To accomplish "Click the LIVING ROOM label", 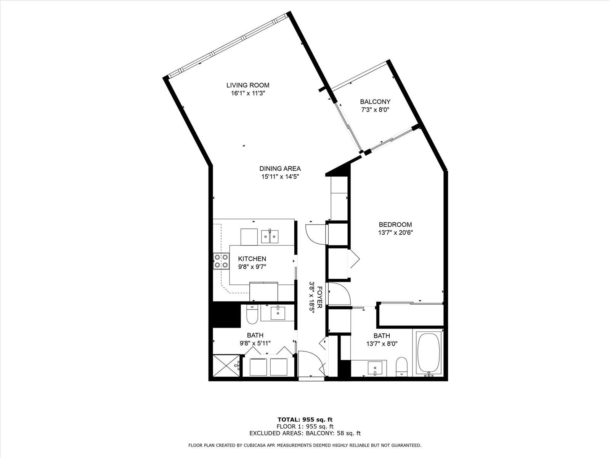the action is pos(247,85).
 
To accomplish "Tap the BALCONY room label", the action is pos(375,102).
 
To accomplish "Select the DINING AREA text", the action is pos(280,169).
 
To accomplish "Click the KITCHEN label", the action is pos(252,259).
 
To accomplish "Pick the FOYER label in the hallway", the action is pos(319,297).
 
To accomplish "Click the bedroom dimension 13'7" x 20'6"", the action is pos(395,232).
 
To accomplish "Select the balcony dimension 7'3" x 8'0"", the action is pos(375,110).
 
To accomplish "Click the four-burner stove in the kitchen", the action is pos(221,261).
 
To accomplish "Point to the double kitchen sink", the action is pos(270,237).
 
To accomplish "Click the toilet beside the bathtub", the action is pos(401,367).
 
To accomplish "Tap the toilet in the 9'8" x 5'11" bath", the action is pos(252,314).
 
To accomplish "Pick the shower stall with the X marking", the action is pos(226,366).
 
